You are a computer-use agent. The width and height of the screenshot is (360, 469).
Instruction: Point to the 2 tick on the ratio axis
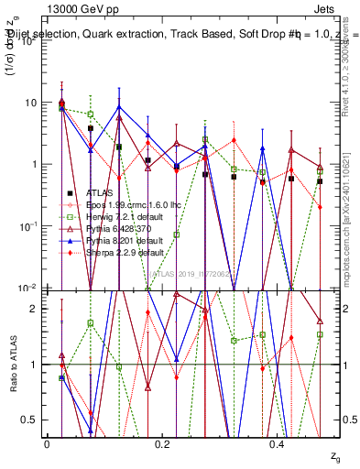36,309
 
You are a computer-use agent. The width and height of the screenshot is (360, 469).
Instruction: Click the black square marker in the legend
70,193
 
